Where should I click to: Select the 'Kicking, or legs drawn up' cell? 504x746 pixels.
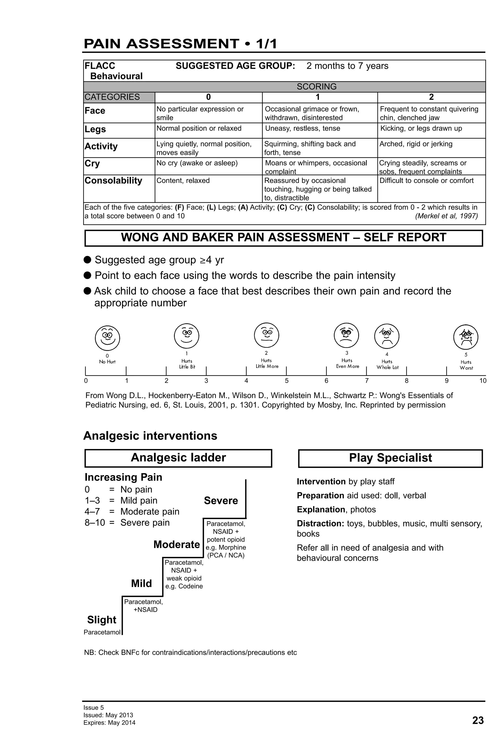(421, 128)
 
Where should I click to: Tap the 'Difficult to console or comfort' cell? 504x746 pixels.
(426, 180)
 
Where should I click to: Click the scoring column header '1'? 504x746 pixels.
(317, 97)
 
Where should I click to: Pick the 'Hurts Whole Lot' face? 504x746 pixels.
(387, 336)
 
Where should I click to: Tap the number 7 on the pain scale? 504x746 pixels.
(366, 381)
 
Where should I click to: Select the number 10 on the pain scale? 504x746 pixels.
(483, 381)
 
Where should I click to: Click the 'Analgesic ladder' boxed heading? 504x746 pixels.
(178, 457)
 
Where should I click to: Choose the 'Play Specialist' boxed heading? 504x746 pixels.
(390, 458)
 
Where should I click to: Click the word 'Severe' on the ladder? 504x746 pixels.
(221, 500)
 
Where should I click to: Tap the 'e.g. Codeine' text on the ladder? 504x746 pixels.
(184, 586)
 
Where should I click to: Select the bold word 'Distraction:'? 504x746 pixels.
(320, 523)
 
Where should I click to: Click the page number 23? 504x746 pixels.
(478, 721)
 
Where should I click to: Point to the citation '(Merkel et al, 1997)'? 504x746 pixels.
(446, 216)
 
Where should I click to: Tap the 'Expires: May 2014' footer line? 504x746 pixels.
(109, 723)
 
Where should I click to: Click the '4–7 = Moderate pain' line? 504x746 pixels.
(132, 511)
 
